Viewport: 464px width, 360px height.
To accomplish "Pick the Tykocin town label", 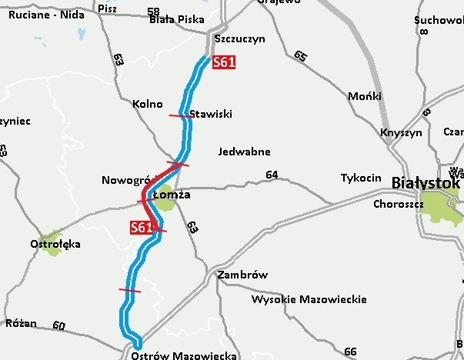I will coord(361,178).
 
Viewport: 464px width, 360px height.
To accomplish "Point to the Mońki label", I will coord(365,96).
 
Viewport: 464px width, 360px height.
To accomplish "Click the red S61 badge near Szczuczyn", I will coord(223,63).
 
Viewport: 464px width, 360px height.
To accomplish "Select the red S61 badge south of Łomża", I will coord(142,227).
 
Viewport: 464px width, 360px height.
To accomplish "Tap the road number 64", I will coord(272,175).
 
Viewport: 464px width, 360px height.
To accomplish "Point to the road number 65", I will coord(300,55).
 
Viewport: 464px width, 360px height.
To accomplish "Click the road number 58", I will coord(153,12).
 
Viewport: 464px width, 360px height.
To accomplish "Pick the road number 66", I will coord(351,352).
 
